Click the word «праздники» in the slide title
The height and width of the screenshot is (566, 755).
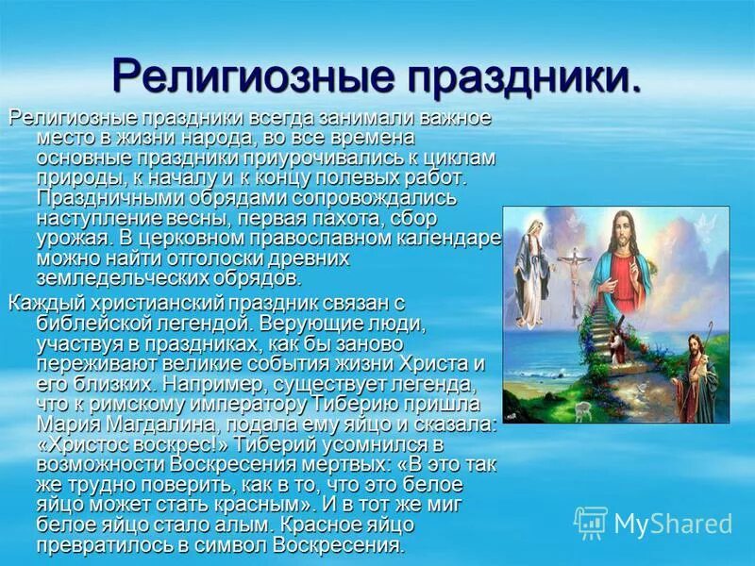509,76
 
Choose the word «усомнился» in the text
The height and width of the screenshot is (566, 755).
362,444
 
